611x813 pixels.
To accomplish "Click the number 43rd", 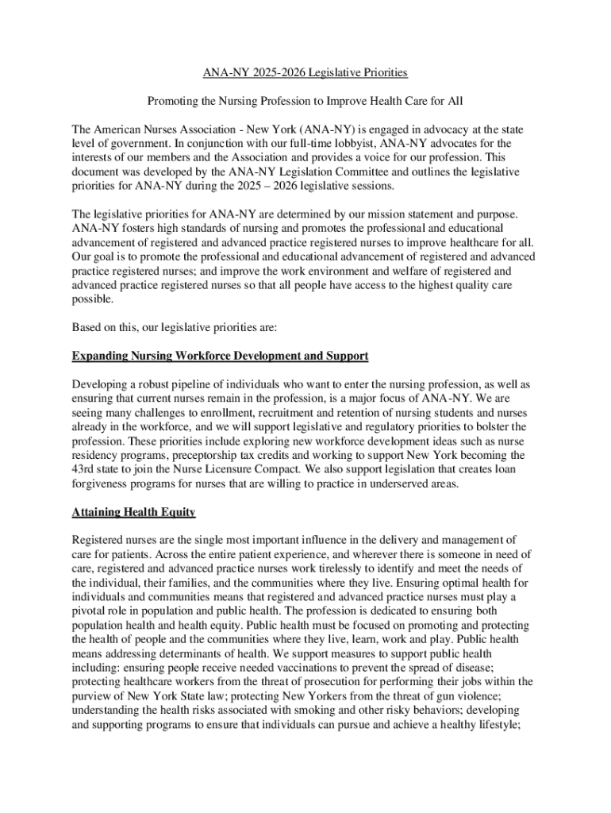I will (x=83, y=470).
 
